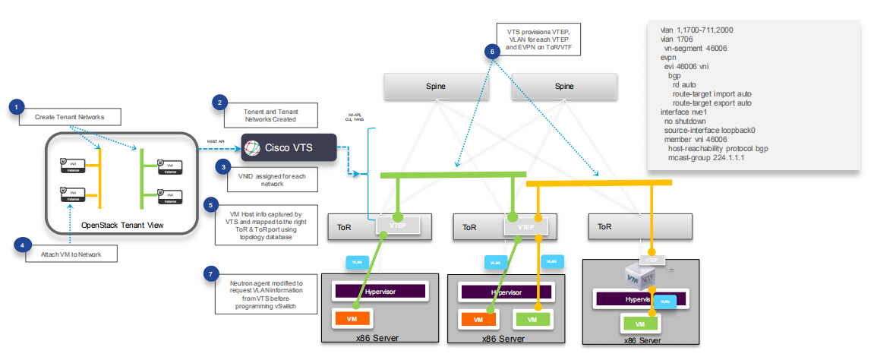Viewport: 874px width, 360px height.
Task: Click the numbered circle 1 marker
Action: [x=17, y=107]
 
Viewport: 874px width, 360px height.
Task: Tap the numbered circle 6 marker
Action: [x=493, y=52]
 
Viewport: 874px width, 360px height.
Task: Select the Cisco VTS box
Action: [x=289, y=147]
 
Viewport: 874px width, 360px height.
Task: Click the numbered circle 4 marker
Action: [x=22, y=245]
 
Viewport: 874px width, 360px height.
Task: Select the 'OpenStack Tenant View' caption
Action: [x=121, y=225]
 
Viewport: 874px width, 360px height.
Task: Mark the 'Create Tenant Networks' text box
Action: [x=69, y=117]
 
